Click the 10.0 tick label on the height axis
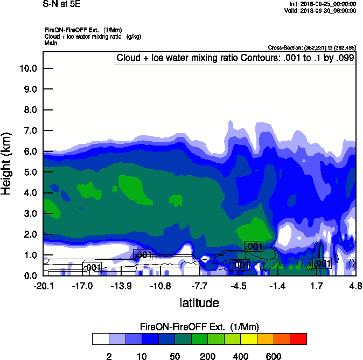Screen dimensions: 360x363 [x=27, y=68]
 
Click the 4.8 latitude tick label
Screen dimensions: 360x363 [x=355, y=286]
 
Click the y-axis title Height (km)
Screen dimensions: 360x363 [x=7, y=163]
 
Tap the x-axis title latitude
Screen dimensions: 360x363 [x=199, y=303]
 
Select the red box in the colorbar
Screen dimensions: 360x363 [x=298, y=339]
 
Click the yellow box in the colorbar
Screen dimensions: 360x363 [x=248, y=339]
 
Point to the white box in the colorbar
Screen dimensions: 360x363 [x=100, y=339]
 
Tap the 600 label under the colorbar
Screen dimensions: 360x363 [x=274, y=356]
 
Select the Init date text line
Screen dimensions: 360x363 [x=322, y=4]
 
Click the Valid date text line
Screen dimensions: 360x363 [x=320, y=10]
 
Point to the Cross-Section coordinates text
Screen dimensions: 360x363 [x=311, y=47]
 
